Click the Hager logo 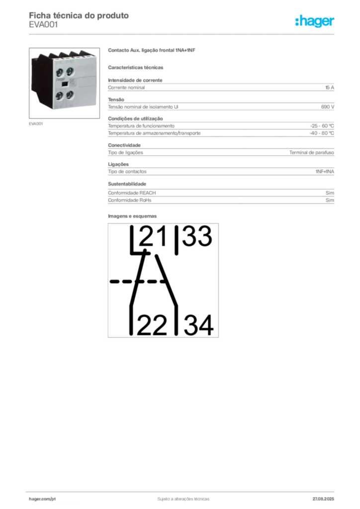pos(315,21)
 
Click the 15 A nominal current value pos(330,87)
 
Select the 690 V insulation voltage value pos(328,107)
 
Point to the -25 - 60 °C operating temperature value pos(322,126)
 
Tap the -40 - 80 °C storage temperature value pos(322,133)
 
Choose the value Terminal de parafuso pos(312,153)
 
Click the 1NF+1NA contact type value pos(325,171)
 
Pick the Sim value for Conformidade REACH pos(330,193)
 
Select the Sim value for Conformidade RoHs pos(330,200)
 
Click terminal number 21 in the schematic pos(153,236)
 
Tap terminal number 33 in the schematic pos(197,236)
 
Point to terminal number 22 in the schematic pos(152,325)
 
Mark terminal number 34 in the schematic pos(199,325)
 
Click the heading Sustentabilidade pos(127,184)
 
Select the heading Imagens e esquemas pos(132,216)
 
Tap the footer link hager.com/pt pos(42,499)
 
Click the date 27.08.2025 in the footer pos(323,499)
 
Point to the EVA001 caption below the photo pos(36,124)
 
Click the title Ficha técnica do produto pos(79,15)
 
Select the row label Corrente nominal pos(126,87)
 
